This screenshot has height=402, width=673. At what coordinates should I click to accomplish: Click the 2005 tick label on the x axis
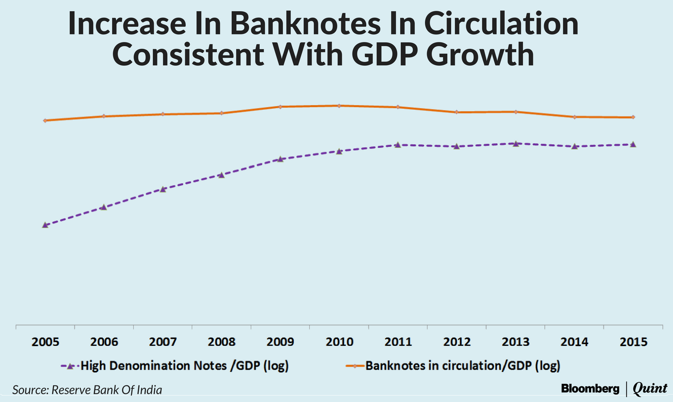45,342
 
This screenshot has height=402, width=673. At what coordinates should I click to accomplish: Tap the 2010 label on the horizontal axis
339,342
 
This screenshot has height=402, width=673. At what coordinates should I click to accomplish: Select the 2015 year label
632,342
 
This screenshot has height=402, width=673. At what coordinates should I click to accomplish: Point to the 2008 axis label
221,342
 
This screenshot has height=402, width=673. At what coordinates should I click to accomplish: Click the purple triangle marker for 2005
45,225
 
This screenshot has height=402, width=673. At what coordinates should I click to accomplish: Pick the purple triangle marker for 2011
398,145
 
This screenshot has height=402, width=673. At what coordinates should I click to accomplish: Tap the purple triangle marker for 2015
633,144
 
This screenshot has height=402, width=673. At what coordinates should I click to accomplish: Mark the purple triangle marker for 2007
163,189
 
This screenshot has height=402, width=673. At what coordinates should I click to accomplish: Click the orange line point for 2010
339,106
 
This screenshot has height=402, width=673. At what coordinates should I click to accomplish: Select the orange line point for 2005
45,121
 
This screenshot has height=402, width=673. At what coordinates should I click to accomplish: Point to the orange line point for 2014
574,117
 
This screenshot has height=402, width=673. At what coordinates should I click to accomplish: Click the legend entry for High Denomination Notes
184,365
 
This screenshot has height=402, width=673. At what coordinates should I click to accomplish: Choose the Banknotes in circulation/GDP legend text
462,365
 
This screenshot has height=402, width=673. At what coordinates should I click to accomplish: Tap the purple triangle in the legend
71,366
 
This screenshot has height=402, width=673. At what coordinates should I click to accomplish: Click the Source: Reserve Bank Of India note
87,390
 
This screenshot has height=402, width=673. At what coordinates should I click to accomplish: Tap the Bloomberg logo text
590,388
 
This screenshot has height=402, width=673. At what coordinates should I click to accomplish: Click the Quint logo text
650,388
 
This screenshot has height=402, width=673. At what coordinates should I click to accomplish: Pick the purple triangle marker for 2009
280,159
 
